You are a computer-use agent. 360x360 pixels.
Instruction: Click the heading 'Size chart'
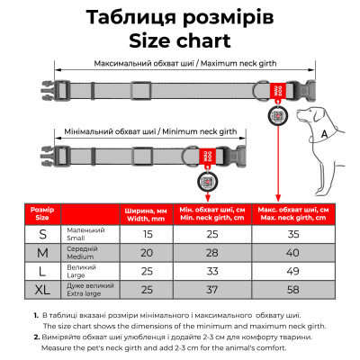point(180,41)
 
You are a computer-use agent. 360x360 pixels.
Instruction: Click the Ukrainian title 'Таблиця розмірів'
point(180,17)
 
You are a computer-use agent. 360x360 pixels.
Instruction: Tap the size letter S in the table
point(42,234)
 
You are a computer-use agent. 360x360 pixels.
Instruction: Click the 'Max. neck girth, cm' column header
point(291,213)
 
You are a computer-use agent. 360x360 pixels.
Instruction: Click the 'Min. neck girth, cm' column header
point(212,213)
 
